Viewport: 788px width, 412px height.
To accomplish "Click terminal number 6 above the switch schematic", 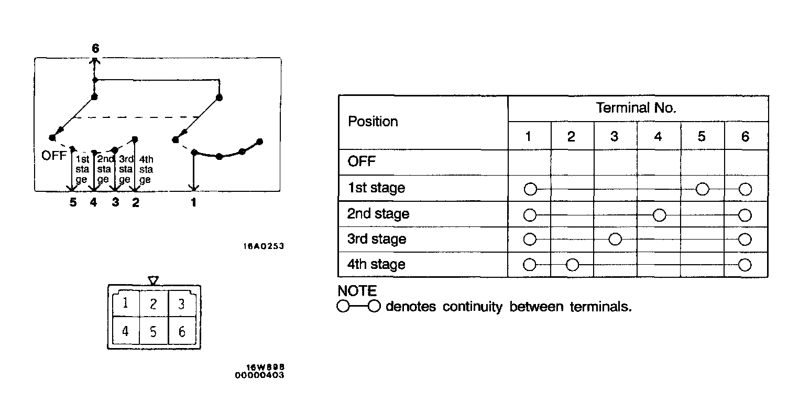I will [95, 48].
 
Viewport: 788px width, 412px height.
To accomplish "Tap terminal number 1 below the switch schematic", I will [193, 202].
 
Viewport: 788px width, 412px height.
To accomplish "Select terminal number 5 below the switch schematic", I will [73, 202].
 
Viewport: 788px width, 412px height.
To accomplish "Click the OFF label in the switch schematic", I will [54, 156].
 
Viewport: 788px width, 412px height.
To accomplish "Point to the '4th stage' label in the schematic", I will [146, 169].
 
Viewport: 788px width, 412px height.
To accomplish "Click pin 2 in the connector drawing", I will [153, 304].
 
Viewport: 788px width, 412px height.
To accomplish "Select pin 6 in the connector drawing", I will [181, 332].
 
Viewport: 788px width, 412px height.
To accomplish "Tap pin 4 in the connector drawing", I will [125, 332].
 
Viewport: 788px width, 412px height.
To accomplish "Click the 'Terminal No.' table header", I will [636, 109].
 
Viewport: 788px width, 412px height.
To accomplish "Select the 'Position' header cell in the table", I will [373, 122].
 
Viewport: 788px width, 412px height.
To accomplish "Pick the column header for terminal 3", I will [615, 137].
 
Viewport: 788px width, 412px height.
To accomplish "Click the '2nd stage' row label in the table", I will [378, 214].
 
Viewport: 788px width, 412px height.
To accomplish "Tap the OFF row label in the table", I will [362, 161].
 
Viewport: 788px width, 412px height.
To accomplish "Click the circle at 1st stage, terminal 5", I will [703, 189].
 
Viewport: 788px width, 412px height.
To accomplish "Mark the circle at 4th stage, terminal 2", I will [572, 265].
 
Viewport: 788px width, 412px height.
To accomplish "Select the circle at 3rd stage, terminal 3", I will [615, 240].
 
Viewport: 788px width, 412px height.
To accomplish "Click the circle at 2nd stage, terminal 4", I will [659, 214].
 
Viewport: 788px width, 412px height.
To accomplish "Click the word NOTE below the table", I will [357, 291].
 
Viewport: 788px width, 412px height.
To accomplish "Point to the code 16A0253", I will [263, 245].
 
